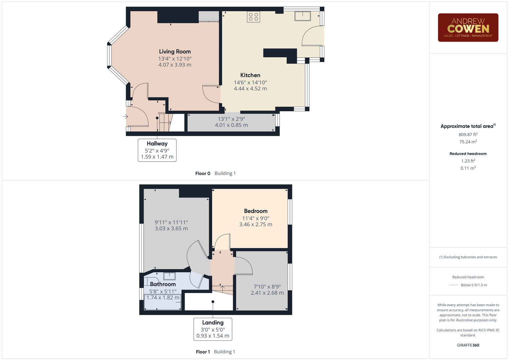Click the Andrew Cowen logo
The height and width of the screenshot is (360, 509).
pyautogui.click(x=468, y=28)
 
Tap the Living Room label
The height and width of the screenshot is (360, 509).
pyautogui.click(x=175, y=52)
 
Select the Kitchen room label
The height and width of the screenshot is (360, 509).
pyautogui.click(x=250, y=75)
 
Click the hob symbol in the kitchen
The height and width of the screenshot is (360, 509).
pyautogui.click(x=253, y=17)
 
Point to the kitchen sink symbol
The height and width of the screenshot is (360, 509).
pyautogui.click(x=302, y=16)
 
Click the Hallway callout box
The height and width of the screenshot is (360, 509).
pyautogui.click(x=157, y=150)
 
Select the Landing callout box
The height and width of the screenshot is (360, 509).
pyautogui.click(x=213, y=329)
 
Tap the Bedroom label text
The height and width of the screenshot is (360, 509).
pyautogui.click(x=256, y=211)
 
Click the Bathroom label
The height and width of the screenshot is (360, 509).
pyautogui.click(x=163, y=284)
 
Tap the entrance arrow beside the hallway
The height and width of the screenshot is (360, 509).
pyautogui.click(x=125, y=117)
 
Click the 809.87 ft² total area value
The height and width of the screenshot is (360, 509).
pyautogui.click(x=468, y=135)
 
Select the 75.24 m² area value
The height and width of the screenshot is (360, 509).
pyautogui.click(x=468, y=142)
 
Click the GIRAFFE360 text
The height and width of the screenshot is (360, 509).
pyautogui.click(x=468, y=345)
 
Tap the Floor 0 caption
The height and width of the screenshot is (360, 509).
pyautogui.click(x=203, y=173)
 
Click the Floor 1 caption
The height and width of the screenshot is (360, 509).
pyautogui.click(x=203, y=352)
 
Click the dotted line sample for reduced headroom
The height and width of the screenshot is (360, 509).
pyautogui.click(x=454, y=285)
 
